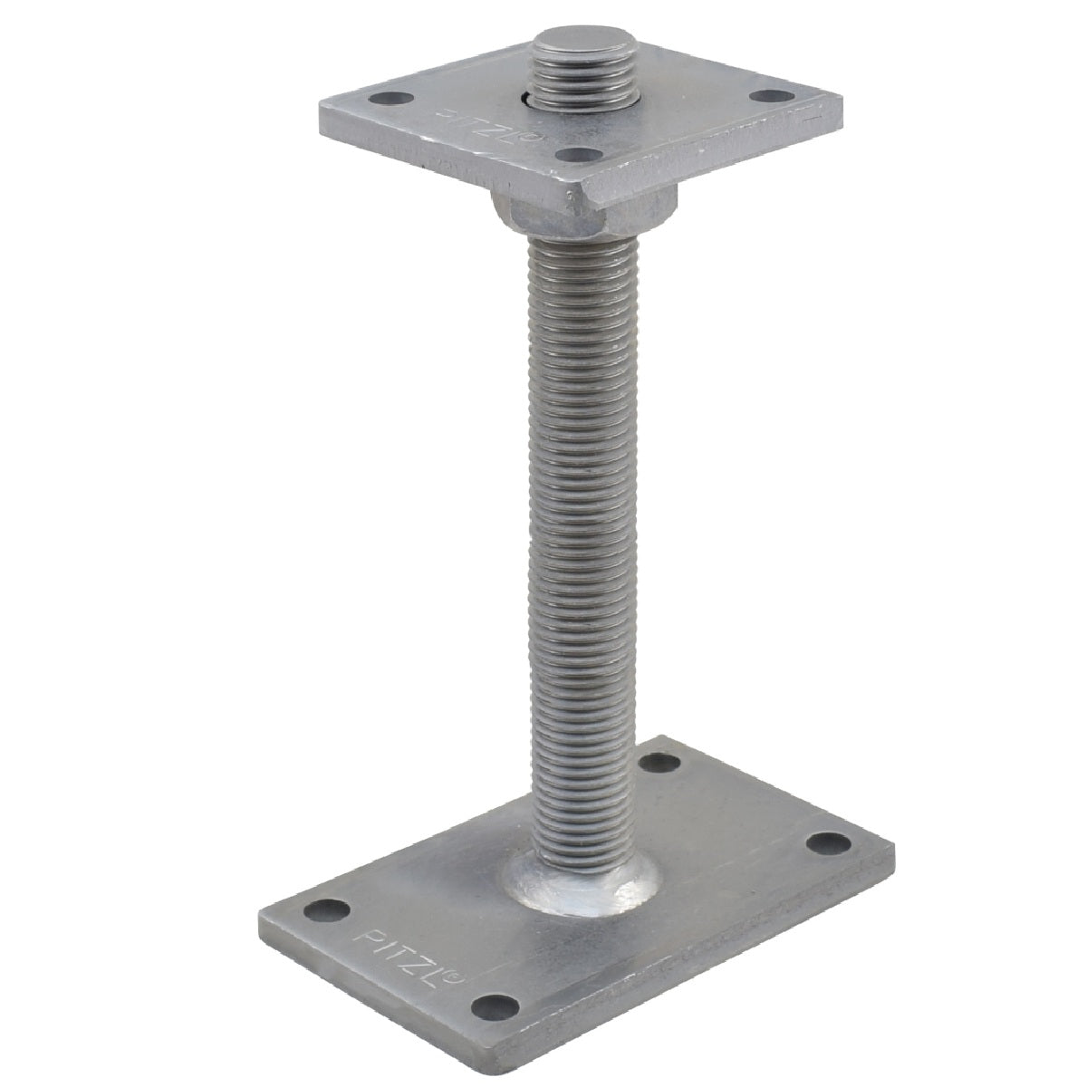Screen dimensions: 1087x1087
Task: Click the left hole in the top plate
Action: pyautogui.click(x=391, y=99)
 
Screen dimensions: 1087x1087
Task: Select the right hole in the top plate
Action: pyautogui.click(x=774, y=96)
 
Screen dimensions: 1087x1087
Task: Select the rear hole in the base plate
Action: pyautogui.click(x=660, y=765)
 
